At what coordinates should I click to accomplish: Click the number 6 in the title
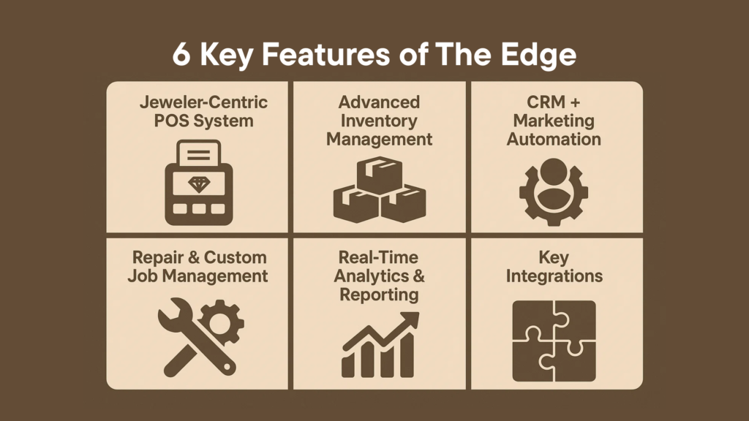[x=181, y=54]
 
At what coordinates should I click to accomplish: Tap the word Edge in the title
[x=538, y=56]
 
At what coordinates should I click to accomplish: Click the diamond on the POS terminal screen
[x=199, y=183]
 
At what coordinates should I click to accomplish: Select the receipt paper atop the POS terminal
[x=199, y=153]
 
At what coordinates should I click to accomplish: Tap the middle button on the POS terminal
[x=199, y=208]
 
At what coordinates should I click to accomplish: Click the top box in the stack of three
[x=380, y=174]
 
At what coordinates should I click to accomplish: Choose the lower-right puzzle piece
[x=575, y=361]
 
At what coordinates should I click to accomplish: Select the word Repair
[x=158, y=258]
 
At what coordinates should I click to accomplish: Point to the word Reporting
[x=379, y=295]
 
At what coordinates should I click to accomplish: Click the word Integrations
[x=554, y=277]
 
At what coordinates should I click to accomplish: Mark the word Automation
[x=554, y=140]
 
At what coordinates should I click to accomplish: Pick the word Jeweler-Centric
[x=203, y=102]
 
